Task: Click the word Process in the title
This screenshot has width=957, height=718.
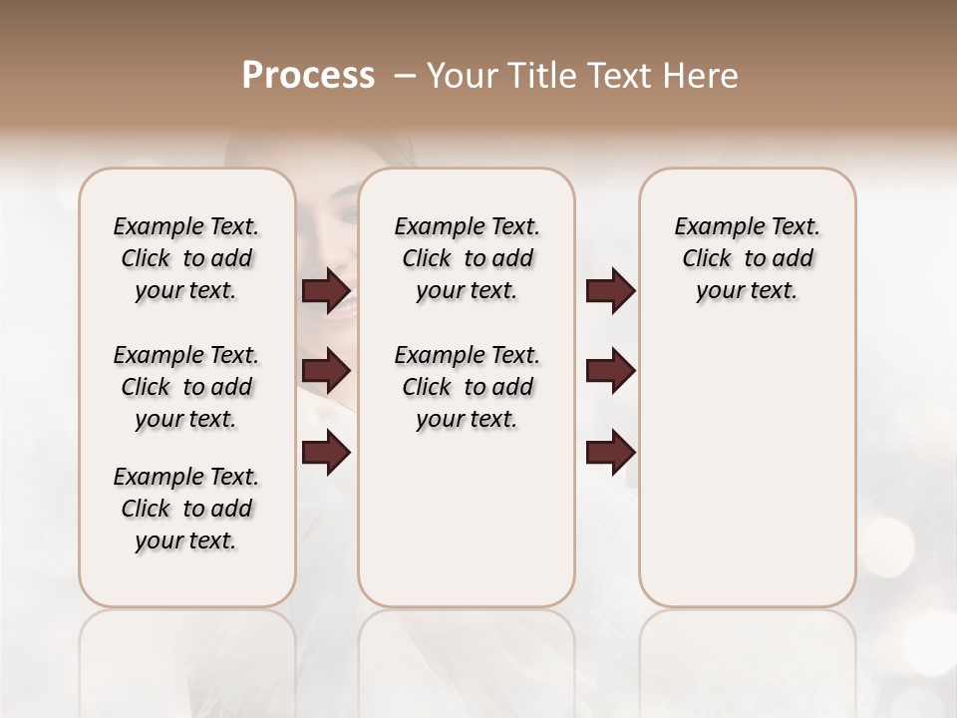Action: pos(308,76)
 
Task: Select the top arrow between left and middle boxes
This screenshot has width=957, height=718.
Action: pos(326,291)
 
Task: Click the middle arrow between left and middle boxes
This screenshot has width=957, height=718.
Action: pos(326,371)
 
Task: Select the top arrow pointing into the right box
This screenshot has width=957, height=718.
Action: pos(610,291)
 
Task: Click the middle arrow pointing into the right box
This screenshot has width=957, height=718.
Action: pos(610,371)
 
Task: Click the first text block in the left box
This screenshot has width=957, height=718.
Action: pos(186,258)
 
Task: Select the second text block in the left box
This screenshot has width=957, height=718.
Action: pos(186,387)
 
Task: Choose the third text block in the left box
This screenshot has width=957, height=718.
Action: pos(186,509)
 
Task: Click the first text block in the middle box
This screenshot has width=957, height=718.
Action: pos(467,258)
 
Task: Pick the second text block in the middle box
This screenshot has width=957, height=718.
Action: pos(467,387)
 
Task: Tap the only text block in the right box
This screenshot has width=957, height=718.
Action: pos(747,258)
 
